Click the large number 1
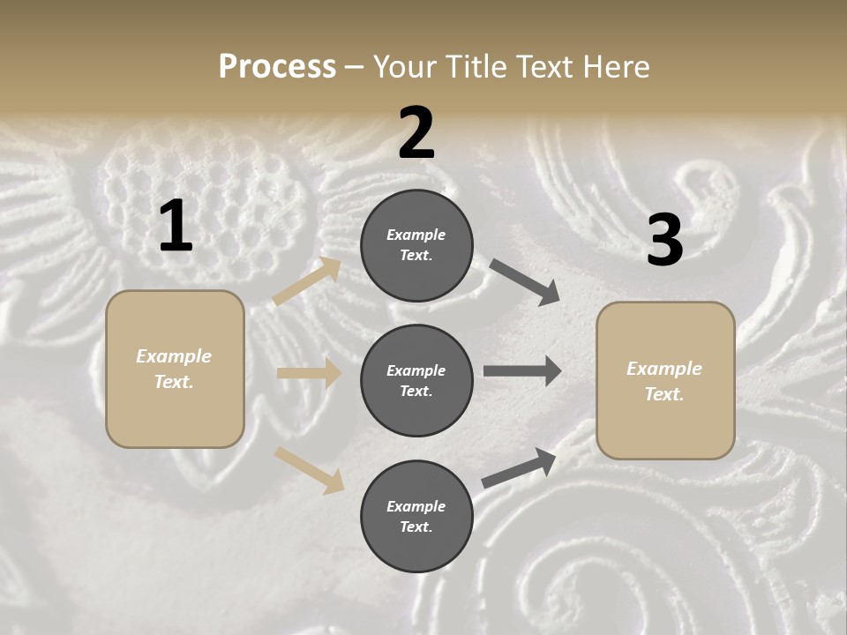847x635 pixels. tap(176, 226)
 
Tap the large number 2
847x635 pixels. tap(416, 133)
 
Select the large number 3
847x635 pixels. tap(664, 240)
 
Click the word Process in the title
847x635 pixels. tap(277, 66)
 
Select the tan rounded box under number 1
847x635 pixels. tap(175, 369)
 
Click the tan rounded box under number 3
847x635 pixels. tap(665, 380)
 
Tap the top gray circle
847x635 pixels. tap(416, 244)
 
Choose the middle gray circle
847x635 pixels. tap(416, 380)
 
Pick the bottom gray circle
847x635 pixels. tap(416, 516)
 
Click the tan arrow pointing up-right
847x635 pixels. tap(307, 281)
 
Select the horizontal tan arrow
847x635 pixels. tap(309, 373)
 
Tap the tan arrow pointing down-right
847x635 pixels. tap(309, 470)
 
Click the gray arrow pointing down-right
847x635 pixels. tap(524, 282)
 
